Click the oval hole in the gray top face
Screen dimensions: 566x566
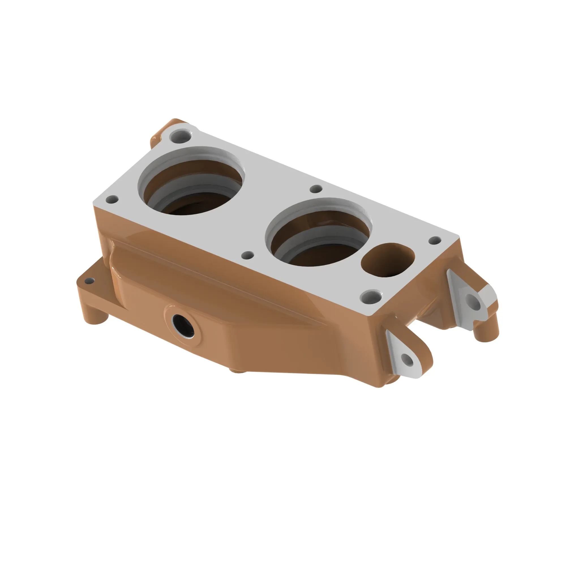387,260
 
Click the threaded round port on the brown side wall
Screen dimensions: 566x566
183,325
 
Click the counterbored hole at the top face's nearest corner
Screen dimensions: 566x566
371,297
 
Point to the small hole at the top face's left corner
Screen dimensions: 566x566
112,200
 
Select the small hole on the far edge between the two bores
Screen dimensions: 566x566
316,189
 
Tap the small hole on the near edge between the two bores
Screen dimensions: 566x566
248,255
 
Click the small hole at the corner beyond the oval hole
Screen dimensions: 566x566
435,241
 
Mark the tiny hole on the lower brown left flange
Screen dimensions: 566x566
89,282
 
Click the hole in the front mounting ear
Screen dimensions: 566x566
408,360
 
